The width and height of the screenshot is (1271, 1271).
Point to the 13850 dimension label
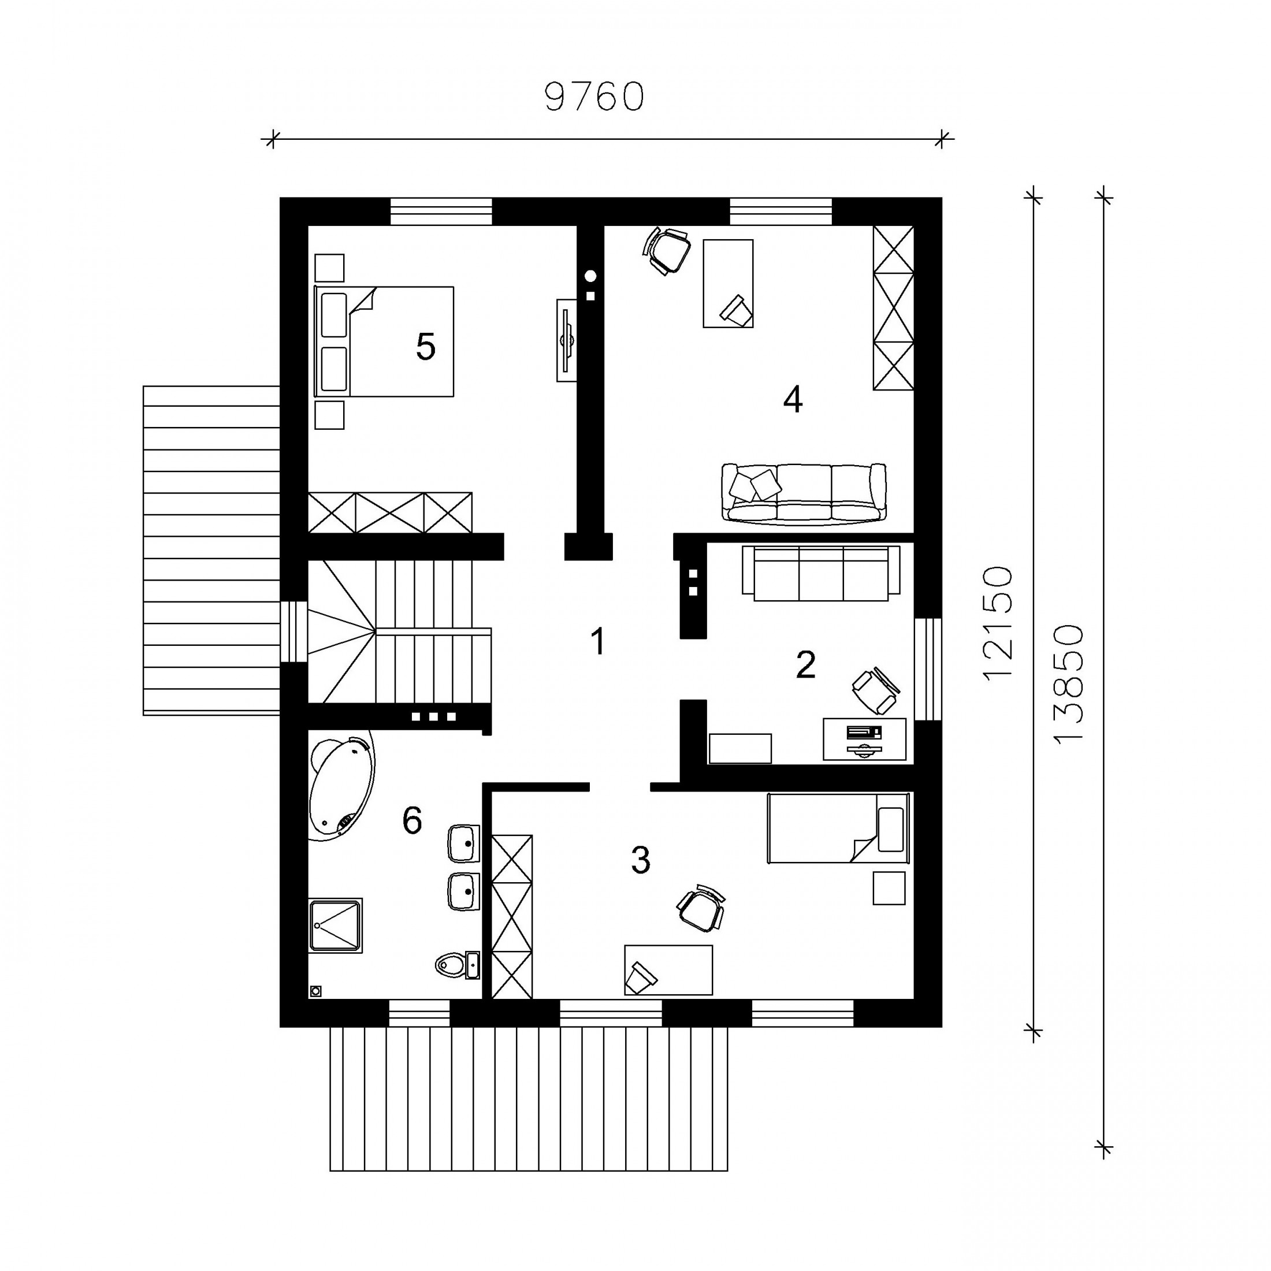(1068, 685)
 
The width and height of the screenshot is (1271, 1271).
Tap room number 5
(426, 347)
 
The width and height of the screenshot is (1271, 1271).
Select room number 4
(793, 399)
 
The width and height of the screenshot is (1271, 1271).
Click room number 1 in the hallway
(597, 641)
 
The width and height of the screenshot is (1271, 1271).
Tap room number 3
(641, 860)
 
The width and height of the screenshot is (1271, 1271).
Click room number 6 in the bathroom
(412, 820)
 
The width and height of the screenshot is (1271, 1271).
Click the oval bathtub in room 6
(341, 788)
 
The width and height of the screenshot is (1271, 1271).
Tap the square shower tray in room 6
(336, 926)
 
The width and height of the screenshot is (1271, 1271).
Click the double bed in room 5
(384, 341)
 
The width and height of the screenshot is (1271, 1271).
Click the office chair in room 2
(876, 689)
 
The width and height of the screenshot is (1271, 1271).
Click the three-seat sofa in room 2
(821, 573)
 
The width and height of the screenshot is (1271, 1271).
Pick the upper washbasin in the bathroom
(463, 843)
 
